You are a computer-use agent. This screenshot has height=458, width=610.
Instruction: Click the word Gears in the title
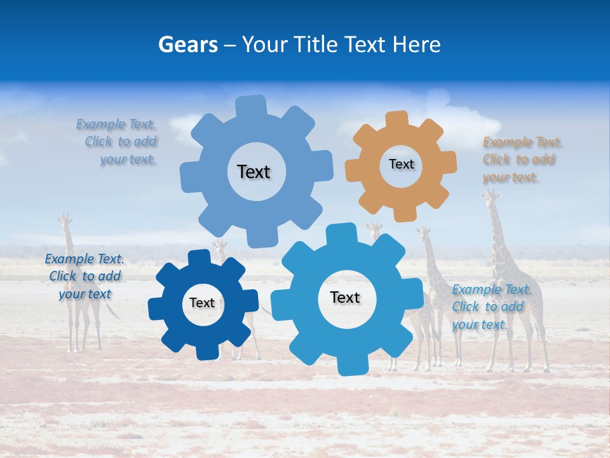[x=187, y=44]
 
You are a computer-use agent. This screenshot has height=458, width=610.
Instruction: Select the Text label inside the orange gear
[x=401, y=164]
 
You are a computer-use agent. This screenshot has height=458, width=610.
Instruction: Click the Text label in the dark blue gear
[x=201, y=303]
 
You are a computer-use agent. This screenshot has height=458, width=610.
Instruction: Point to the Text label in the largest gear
[x=254, y=172]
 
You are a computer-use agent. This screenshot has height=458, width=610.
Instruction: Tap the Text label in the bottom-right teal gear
[x=345, y=297]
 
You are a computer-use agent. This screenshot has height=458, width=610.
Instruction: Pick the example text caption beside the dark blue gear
[x=85, y=276]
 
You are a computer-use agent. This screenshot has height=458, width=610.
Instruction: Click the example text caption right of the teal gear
[x=489, y=307]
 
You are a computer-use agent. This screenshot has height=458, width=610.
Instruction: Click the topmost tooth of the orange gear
[x=396, y=119]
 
